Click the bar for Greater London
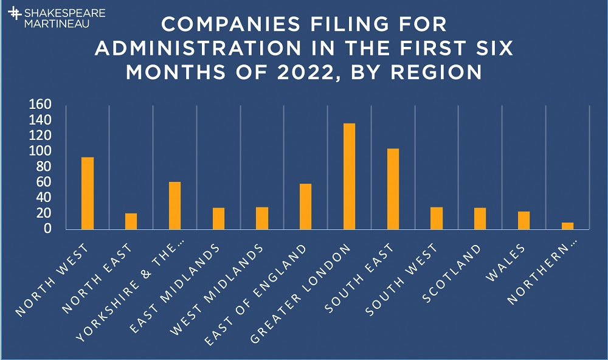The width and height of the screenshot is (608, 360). tap(349, 176)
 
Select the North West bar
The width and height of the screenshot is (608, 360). tap(88, 193)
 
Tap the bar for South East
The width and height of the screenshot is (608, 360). tap(393, 189)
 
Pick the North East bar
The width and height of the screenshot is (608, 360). tap(131, 221)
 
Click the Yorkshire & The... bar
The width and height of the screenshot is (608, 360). tap(174, 206)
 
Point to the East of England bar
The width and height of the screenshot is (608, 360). tap(305, 206)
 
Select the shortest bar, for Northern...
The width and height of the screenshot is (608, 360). tap(567, 226)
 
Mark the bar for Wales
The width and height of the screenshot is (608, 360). tap(523, 220)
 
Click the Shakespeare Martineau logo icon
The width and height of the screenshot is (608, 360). tap(13, 16)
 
